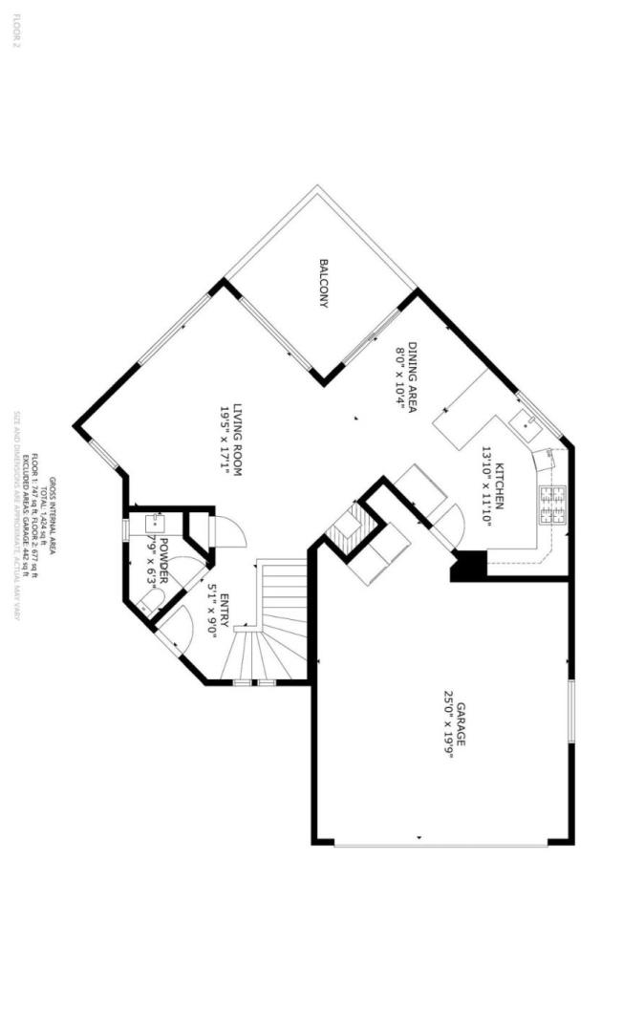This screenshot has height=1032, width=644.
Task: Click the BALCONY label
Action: click(x=325, y=284)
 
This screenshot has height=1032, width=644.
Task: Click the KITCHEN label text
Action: click(x=500, y=485)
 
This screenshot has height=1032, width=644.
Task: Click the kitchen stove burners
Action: click(x=552, y=505)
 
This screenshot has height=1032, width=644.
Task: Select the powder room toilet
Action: click(x=148, y=602)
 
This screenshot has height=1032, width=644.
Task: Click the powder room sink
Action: click(x=155, y=524)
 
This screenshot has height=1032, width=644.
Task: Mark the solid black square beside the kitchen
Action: click(x=469, y=565)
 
